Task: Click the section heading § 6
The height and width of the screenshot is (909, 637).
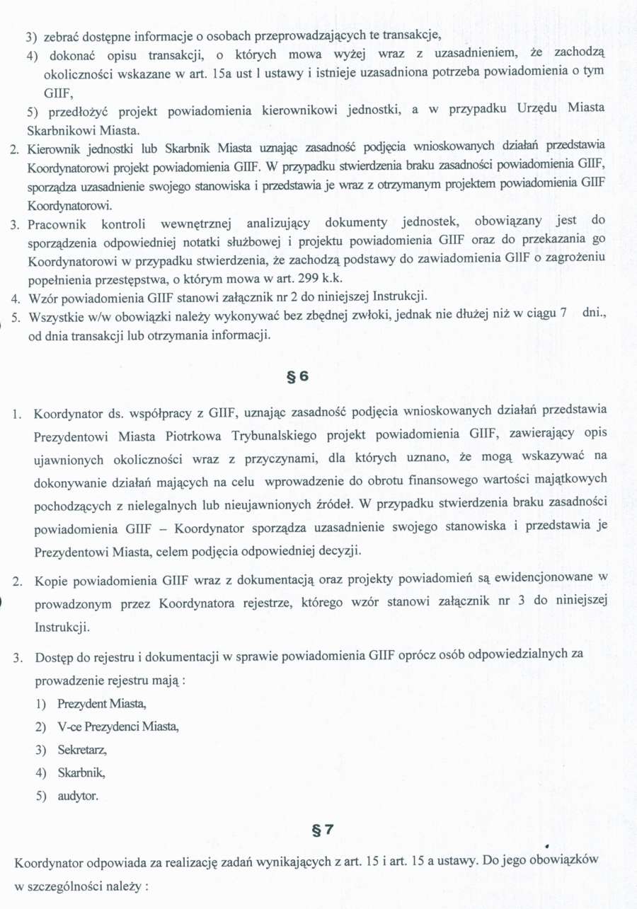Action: click(298, 376)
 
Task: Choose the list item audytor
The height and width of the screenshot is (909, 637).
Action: click(77, 796)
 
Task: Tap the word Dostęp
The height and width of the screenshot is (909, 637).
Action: click(53, 657)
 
